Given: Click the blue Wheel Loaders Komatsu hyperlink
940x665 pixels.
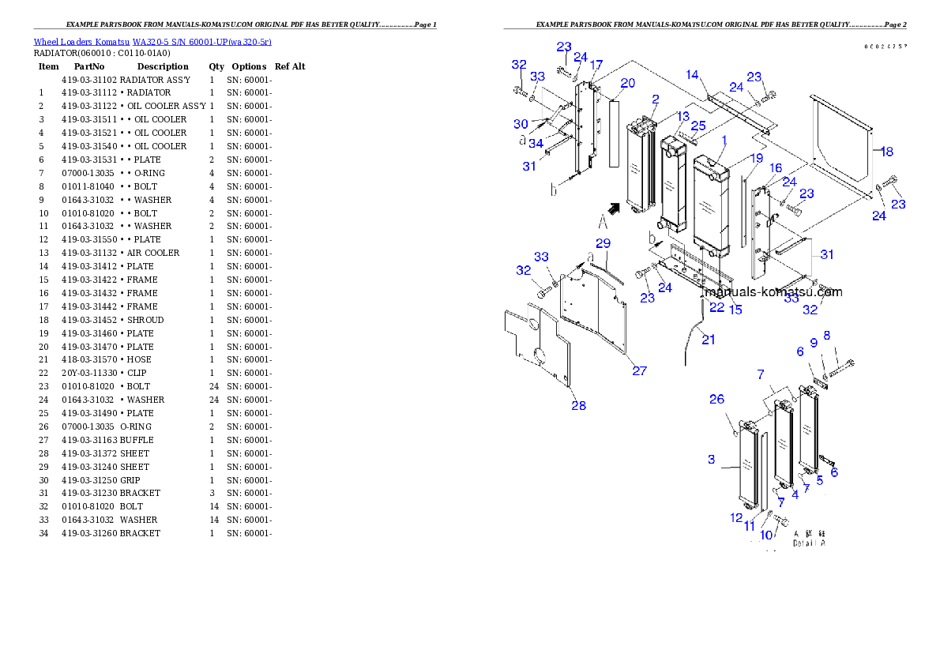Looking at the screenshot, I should coord(152,42).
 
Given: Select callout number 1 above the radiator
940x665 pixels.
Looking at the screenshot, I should coord(725,140).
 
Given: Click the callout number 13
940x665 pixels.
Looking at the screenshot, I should coord(682,116).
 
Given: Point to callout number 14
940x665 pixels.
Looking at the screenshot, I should coord(692,75).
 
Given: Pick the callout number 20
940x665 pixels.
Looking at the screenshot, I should coord(627,83).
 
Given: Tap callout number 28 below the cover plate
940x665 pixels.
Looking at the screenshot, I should coord(579,405).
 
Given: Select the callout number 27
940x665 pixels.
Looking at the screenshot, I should coord(639,370).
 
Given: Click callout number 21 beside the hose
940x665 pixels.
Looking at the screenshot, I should coord(709,340).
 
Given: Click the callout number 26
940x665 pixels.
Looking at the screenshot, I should coord(716,399).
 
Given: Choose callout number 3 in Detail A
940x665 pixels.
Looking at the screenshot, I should coord(711,459).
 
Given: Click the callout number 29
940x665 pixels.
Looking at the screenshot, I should coord(603,242).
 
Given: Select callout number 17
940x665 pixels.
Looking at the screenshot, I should coord(596,64).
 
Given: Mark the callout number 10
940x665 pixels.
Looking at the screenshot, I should coord(765,535).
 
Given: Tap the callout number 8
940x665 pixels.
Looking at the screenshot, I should coord(827,335).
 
